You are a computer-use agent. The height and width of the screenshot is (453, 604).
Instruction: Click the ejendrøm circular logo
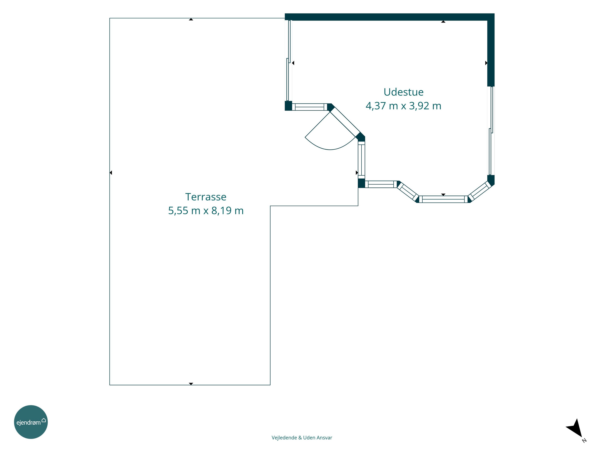pos(31,422)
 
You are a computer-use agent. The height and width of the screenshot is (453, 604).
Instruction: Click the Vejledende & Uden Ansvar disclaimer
pos(302,437)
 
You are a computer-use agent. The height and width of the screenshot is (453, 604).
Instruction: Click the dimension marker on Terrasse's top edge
pos(191,19)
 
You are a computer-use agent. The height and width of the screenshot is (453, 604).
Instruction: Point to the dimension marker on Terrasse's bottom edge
pos(191,384)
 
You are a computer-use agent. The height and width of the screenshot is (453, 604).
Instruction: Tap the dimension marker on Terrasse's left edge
pos(111,173)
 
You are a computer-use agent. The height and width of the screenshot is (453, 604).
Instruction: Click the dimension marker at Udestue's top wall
pos(443,22)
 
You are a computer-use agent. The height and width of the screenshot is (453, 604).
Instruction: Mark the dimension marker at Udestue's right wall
pos(486,63)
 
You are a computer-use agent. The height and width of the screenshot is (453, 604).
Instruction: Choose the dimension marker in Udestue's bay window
pos(443,195)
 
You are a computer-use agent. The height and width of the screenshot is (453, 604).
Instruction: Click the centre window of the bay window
pos(443,199)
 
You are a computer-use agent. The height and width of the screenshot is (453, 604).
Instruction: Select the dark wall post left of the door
pos(288,106)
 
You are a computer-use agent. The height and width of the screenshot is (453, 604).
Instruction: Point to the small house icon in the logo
pos(44,420)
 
